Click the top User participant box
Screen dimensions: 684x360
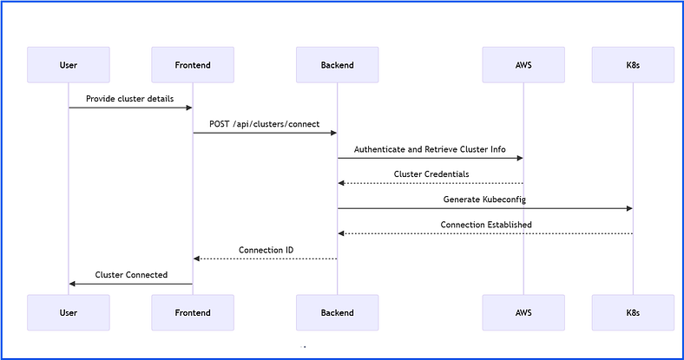tap(69, 65)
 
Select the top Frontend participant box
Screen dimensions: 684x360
tap(193, 65)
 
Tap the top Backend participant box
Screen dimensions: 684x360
tap(337, 65)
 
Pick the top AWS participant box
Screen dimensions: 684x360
tap(523, 65)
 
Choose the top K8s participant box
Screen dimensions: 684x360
tap(633, 65)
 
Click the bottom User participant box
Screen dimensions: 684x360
tap(69, 312)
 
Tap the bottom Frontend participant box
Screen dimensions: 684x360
tap(193, 312)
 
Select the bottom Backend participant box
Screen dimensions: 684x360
tap(337, 312)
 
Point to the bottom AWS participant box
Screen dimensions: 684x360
tap(523, 312)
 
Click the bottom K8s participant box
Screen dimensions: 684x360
tap(633, 312)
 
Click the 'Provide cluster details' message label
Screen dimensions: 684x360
tap(130, 99)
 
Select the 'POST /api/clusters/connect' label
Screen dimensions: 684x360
tap(265, 124)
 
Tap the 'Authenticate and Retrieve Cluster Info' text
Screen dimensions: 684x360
tap(430, 149)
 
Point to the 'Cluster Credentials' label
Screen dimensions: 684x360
tap(431, 174)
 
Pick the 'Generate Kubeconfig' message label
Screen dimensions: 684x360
tap(484, 200)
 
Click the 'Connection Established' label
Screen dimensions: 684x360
tap(486, 225)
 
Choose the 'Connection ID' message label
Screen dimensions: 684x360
tap(266, 250)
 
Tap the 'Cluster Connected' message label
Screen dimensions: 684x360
tap(131, 275)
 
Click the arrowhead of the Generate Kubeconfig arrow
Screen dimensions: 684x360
tap(629, 209)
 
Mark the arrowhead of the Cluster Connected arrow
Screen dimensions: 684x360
tap(72, 285)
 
